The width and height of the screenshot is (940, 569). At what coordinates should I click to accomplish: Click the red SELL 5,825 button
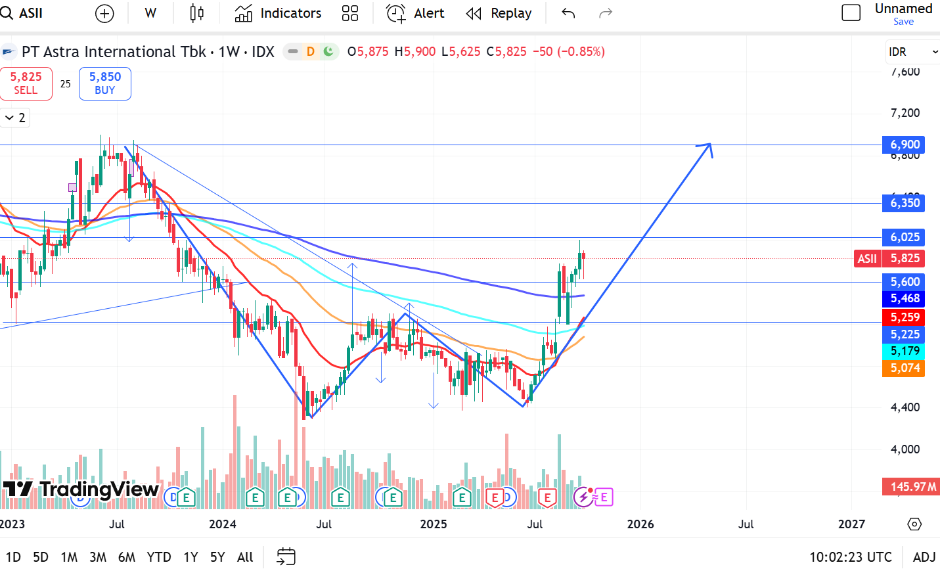(x=26, y=83)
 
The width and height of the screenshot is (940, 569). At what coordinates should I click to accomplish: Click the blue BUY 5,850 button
(x=104, y=83)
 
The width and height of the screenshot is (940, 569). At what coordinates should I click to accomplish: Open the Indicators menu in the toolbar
(x=278, y=13)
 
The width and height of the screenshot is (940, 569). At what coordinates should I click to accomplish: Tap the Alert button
(x=415, y=13)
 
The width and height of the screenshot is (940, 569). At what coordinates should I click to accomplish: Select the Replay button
(x=499, y=13)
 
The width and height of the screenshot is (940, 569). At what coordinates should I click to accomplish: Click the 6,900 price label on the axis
(x=904, y=145)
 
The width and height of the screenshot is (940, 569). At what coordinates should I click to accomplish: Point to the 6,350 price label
(x=904, y=203)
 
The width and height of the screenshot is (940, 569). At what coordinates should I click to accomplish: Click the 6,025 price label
(x=904, y=237)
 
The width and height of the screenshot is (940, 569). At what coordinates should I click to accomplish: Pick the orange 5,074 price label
(x=904, y=368)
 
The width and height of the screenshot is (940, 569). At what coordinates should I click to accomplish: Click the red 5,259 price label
(x=904, y=317)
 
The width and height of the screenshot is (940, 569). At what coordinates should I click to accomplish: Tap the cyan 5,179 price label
(x=904, y=351)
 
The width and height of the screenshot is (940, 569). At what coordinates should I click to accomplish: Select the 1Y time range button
(x=190, y=557)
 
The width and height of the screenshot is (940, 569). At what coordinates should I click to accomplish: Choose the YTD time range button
(x=159, y=557)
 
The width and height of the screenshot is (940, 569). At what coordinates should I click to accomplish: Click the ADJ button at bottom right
(x=924, y=557)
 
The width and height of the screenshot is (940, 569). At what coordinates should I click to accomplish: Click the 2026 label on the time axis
(x=640, y=524)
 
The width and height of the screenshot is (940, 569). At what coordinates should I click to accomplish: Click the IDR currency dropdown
(x=912, y=52)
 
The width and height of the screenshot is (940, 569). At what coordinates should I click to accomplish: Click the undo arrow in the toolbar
(x=568, y=13)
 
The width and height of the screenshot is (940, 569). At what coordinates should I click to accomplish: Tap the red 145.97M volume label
(x=912, y=487)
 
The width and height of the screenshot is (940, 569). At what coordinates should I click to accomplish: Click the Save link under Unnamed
(x=903, y=22)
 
